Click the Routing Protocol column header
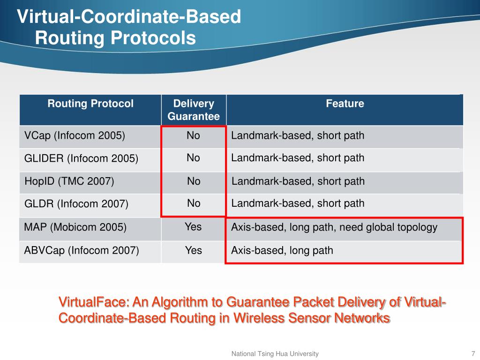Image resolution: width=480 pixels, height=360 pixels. pyautogui.click(x=90, y=104)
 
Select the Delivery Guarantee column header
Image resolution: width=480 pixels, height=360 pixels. pyautogui.click(x=194, y=110)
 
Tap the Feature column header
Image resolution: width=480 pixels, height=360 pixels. pyautogui.click(x=345, y=104)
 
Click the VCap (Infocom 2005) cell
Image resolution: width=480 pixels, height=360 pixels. pyautogui.click(x=75, y=136)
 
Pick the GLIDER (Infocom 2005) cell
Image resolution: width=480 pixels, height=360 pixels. pyautogui.click(x=81, y=159)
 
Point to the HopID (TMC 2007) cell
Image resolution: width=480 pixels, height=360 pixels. pyautogui.click(x=69, y=181)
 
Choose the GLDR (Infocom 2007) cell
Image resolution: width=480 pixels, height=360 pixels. pyautogui.click(x=76, y=204)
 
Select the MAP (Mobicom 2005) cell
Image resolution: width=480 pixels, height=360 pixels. pyautogui.click(x=75, y=228)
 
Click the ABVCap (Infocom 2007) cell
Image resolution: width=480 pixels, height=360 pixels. pyautogui.click(x=82, y=251)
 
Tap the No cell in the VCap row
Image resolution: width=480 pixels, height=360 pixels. pyautogui.click(x=193, y=136)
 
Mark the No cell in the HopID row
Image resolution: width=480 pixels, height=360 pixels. pyautogui.click(x=194, y=181)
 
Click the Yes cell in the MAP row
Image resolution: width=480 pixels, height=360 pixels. pyautogui.click(x=193, y=227)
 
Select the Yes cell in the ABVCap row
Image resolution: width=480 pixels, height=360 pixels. pyautogui.click(x=193, y=250)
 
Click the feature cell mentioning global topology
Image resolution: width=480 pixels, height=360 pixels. pyautogui.click(x=334, y=228)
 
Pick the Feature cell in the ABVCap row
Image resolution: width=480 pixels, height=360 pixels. pyautogui.click(x=282, y=251)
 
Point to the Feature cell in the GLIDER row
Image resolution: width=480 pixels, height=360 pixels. pyautogui.click(x=298, y=158)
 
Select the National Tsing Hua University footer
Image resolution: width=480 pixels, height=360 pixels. pyautogui.click(x=275, y=354)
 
